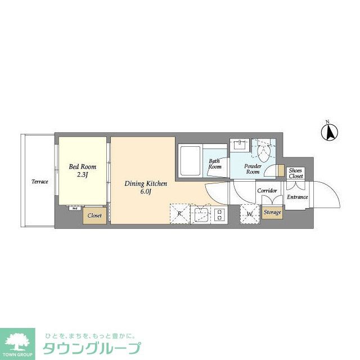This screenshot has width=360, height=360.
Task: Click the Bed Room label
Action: click(82, 167)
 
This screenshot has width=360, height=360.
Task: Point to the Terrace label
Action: click(39, 182)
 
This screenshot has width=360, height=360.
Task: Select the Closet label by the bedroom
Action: click(94, 215)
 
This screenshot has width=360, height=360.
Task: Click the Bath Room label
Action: click(214, 164)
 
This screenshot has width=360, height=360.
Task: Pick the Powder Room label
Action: click(253, 169)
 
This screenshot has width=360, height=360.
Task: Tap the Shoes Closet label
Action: click(295, 173)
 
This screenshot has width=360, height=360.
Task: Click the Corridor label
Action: click(267, 191)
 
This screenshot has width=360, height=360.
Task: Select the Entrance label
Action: click(298, 197)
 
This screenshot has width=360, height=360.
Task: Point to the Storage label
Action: click(272, 213)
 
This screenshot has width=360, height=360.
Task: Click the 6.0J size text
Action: click(146, 192)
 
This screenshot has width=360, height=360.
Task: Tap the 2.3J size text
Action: click(82, 175)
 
